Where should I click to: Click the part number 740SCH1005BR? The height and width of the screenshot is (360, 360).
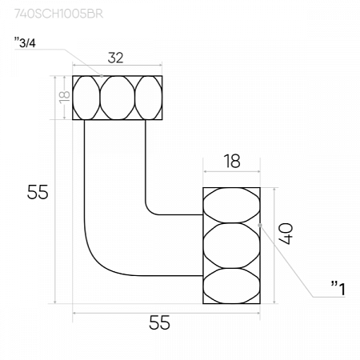pyautogui.click(x=58, y=14)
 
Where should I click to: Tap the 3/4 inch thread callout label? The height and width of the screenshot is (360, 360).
pyautogui.click(x=25, y=43)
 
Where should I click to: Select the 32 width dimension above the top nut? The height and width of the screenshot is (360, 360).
pyautogui.click(x=115, y=58)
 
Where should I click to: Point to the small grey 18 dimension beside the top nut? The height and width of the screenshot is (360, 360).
pyautogui.click(x=65, y=97)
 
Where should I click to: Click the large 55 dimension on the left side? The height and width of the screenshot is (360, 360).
pyautogui.click(x=38, y=192)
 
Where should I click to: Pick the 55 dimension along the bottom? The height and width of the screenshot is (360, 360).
pyautogui.click(x=159, y=322)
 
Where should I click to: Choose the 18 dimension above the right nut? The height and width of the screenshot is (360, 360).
pyautogui.click(x=232, y=161)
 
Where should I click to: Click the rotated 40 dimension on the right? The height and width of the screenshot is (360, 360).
pyautogui.click(x=286, y=234)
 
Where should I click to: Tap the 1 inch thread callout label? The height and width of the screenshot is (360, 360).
pyautogui.click(x=338, y=288)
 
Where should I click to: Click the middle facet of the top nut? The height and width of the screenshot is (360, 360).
pyautogui.click(x=118, y=98)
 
